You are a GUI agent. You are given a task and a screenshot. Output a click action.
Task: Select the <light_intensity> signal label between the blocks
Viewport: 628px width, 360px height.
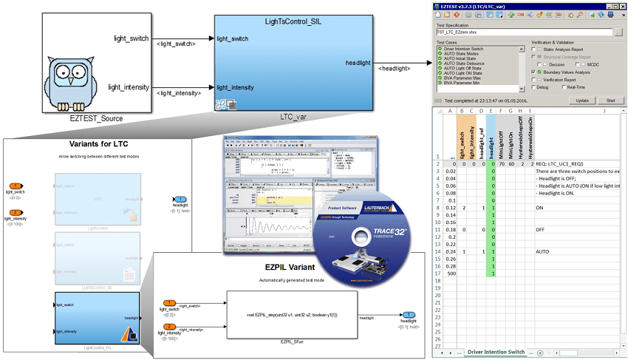[178, 92]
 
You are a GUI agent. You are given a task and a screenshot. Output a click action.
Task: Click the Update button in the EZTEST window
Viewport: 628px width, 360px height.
[582, 100]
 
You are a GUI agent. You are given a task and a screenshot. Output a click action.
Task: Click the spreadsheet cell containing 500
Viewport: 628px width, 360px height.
[451, 273]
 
